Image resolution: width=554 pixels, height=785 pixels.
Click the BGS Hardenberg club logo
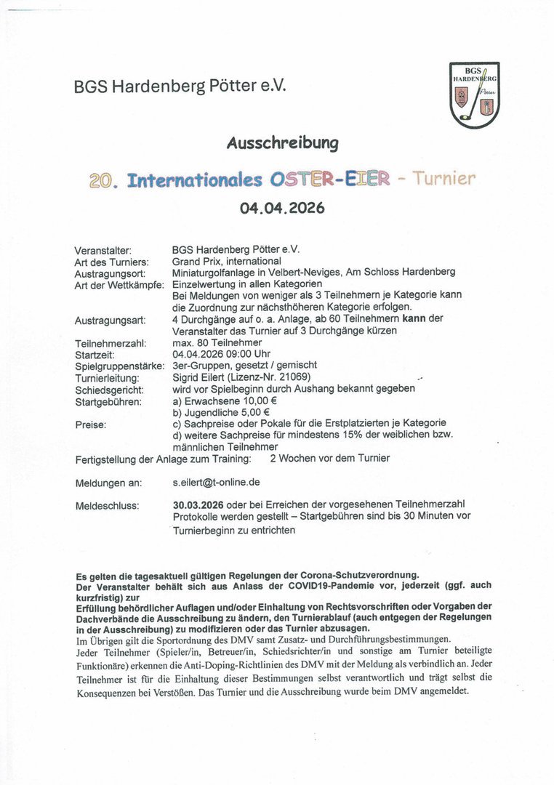(475, 94)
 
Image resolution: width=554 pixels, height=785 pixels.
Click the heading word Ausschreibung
(282, 142)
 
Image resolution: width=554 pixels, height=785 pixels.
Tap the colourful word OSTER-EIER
(330, 179)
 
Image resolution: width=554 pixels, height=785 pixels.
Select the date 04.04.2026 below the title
(282, 208)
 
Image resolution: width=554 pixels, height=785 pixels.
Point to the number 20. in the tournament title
(105, 180)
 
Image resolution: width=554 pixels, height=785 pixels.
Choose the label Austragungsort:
(110, 273)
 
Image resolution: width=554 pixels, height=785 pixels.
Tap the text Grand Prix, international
(226, 261)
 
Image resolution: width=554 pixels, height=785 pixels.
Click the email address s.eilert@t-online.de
(217, 482)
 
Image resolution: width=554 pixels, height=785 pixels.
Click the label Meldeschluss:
(107, 504)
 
